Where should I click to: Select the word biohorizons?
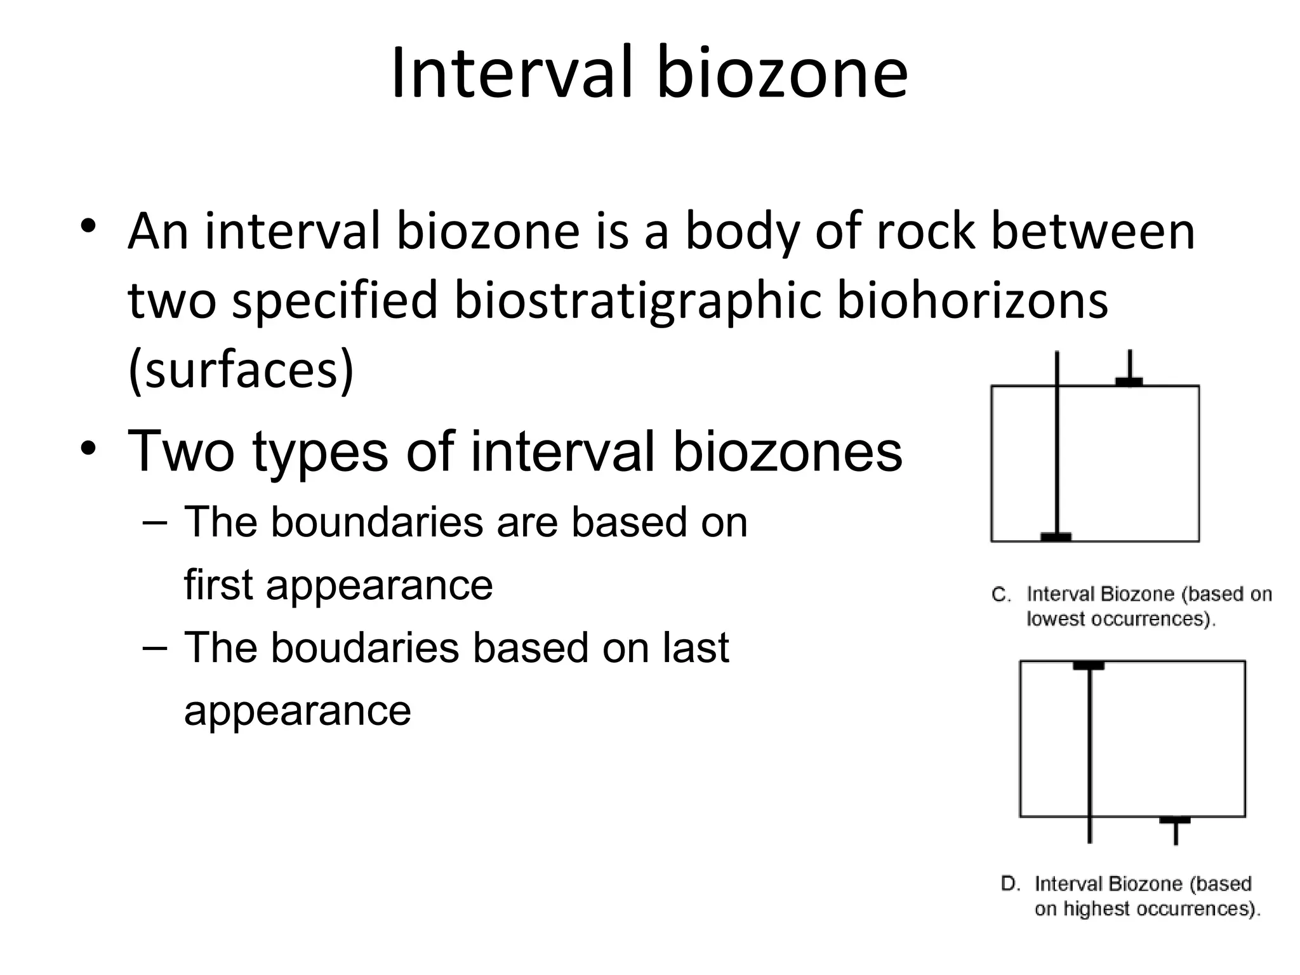coord(972,300)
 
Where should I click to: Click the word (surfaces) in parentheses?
coord(241,369)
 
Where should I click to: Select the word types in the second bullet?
coord(320,452)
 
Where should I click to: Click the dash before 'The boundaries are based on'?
coord(155,522)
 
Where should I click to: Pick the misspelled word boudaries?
coord(365,648)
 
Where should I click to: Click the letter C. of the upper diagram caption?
coord(1000,595)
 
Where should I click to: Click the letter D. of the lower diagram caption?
coord(1011,884)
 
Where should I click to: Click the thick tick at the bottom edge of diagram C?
coord(1056,537)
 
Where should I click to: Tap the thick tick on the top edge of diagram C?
coord(1129,381)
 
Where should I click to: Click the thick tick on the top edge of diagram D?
coord(1089,665)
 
